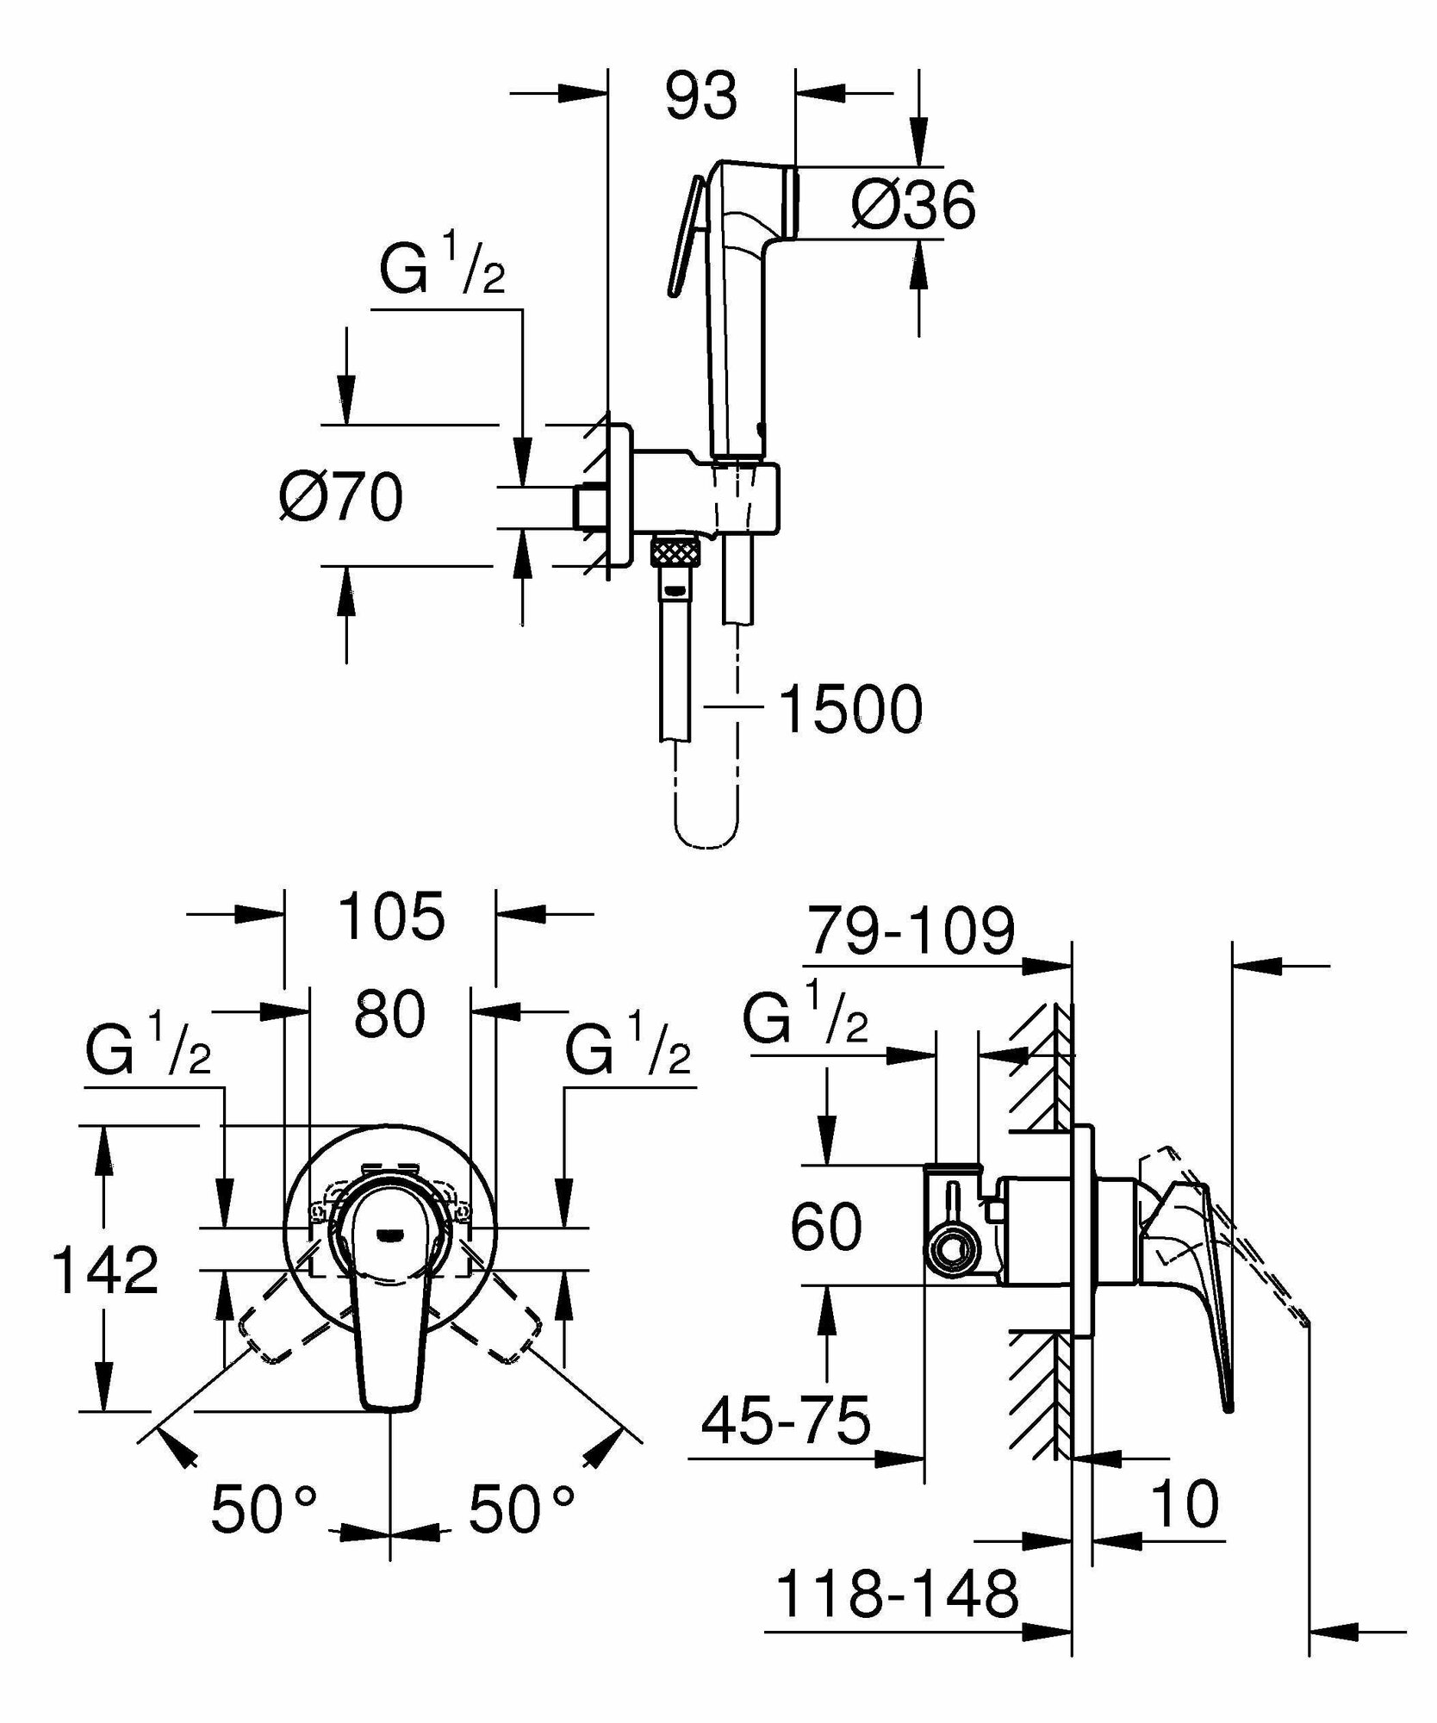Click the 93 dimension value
tap(700, 96)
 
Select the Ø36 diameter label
tap(913, 205)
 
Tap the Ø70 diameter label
tap(341, 497)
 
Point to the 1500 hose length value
tap(850, 710)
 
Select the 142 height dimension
tap(105, 1271)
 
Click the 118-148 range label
tap(898, 1594)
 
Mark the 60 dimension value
tap(825, 1227)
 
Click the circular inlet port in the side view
tap(952, 1250)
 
